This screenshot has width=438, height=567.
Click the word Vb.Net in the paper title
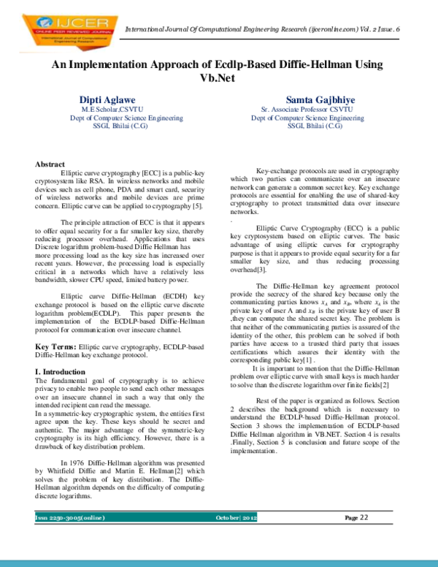click(x=218, y=77)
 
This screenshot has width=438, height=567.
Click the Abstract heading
click(x=50, y=164)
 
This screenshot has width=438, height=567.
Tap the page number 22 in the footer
click(x=362, y=517)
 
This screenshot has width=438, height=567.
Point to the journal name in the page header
click(x=263, y=28)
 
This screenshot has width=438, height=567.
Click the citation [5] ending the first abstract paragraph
click(x=199, y=206)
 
